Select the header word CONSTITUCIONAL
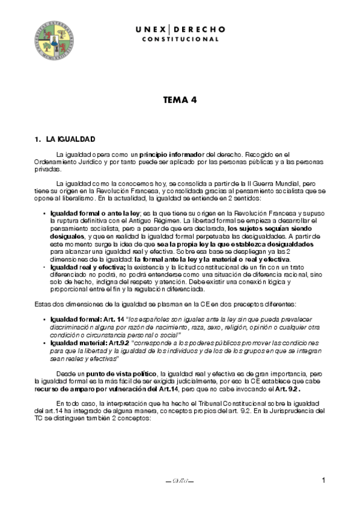point(180,39)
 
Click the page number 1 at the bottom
point(323,480)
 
